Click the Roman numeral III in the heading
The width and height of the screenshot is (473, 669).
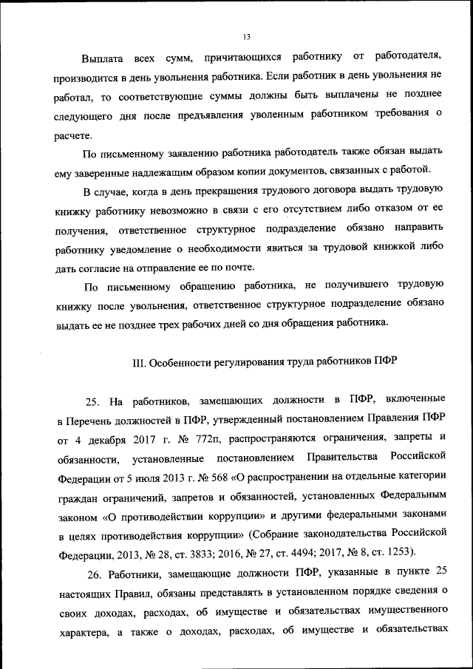click(x=138, y=364)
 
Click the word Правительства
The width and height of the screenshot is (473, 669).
click(x=342, y=460)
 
